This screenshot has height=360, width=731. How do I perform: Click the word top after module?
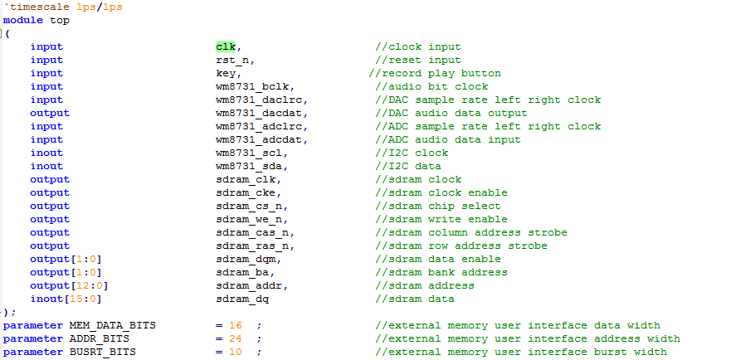60,20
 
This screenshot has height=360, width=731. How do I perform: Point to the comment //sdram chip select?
438,206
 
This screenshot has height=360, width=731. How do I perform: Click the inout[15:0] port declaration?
66,299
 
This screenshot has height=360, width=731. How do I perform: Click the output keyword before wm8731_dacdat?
50,113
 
